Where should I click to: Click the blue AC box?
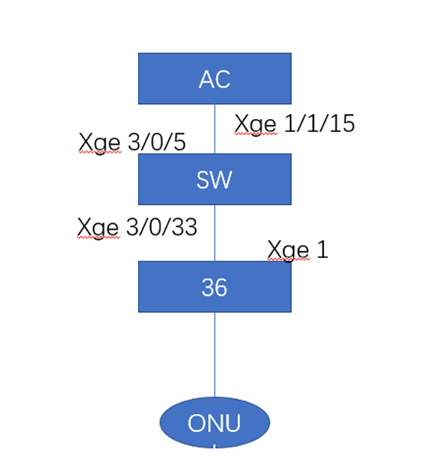pyautogui.click(x=214, y=78)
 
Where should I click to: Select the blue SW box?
pyautogui.click(x=214, y=179)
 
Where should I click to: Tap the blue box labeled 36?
pyautogui.click(x=214, y=286)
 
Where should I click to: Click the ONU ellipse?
pyautogui.click(x=214, y=422)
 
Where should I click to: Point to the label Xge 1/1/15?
pyautogui.click(x=294, y=124)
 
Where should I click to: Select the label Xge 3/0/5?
pyautogui.click(x=132, y=143)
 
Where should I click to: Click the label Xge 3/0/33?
pyautogui.click(x=137, y=228)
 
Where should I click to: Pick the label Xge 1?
pyautogui.click(x=297, y=250)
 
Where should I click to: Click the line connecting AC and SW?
pyautogui.click(x=214, y=129)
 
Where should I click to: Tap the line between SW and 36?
pyautogui.click(x=214, y=233)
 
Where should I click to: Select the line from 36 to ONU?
pyautogui.click(x=214, y=354)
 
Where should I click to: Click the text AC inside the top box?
pyautogui.click(x=214, y=80)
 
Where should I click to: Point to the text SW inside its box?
pyautogui.click(x=214, y=180)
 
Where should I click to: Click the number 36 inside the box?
pyautogui.click(x=214, y=288)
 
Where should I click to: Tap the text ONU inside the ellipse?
pyautogui.click(x=214, y=423)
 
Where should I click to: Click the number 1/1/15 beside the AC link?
pyautogui.click(x=319, y=124)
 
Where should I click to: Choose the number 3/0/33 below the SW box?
pyautogui.click(x=162, y=227)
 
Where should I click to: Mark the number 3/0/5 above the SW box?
pyautogui.click(x=157, y=142)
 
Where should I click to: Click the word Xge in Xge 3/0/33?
pyautogui.click(x=98, y=228)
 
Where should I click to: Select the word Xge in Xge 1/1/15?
pyautogui.click(x=255, y=125)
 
